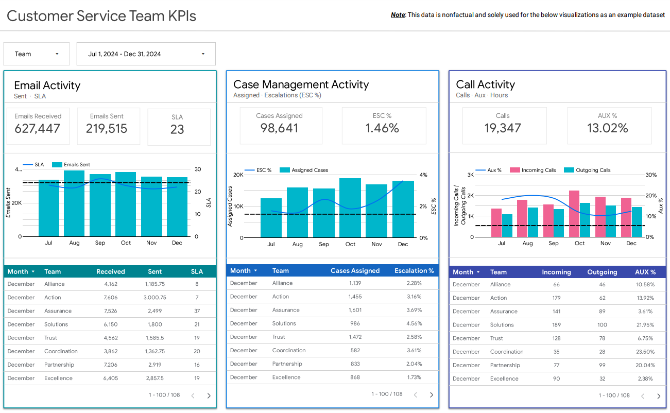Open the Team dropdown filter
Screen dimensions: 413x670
36,54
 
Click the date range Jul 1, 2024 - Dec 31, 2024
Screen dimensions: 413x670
146,54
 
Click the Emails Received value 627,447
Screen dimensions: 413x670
38,129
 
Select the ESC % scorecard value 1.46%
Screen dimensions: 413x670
382,128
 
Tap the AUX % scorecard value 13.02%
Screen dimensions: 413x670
608,128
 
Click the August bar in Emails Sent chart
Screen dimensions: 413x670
74,203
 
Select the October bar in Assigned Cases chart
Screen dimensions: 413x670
350,208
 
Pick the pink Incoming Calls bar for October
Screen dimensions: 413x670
574,214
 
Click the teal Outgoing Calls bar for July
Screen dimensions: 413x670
507,226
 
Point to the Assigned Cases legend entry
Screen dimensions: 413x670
310,170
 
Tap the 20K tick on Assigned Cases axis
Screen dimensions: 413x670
238,175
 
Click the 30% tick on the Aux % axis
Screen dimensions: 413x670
651,175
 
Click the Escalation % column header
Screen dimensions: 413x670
414,271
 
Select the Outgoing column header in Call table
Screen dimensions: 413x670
602,272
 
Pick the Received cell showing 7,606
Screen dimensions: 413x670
111,298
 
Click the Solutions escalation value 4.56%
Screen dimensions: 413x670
414,323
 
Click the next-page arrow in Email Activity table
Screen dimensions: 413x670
209,395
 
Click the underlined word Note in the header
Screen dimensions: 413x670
398,15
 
